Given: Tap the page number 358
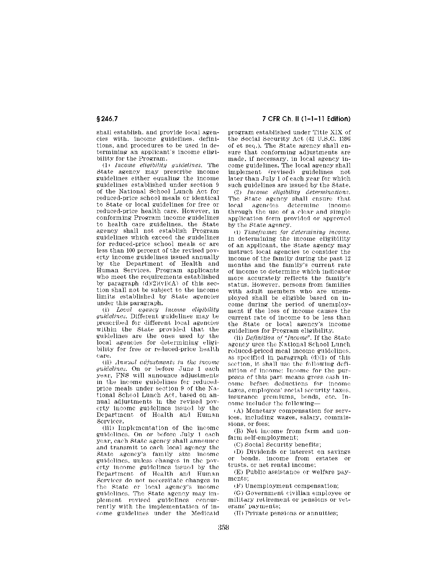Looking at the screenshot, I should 224,527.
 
